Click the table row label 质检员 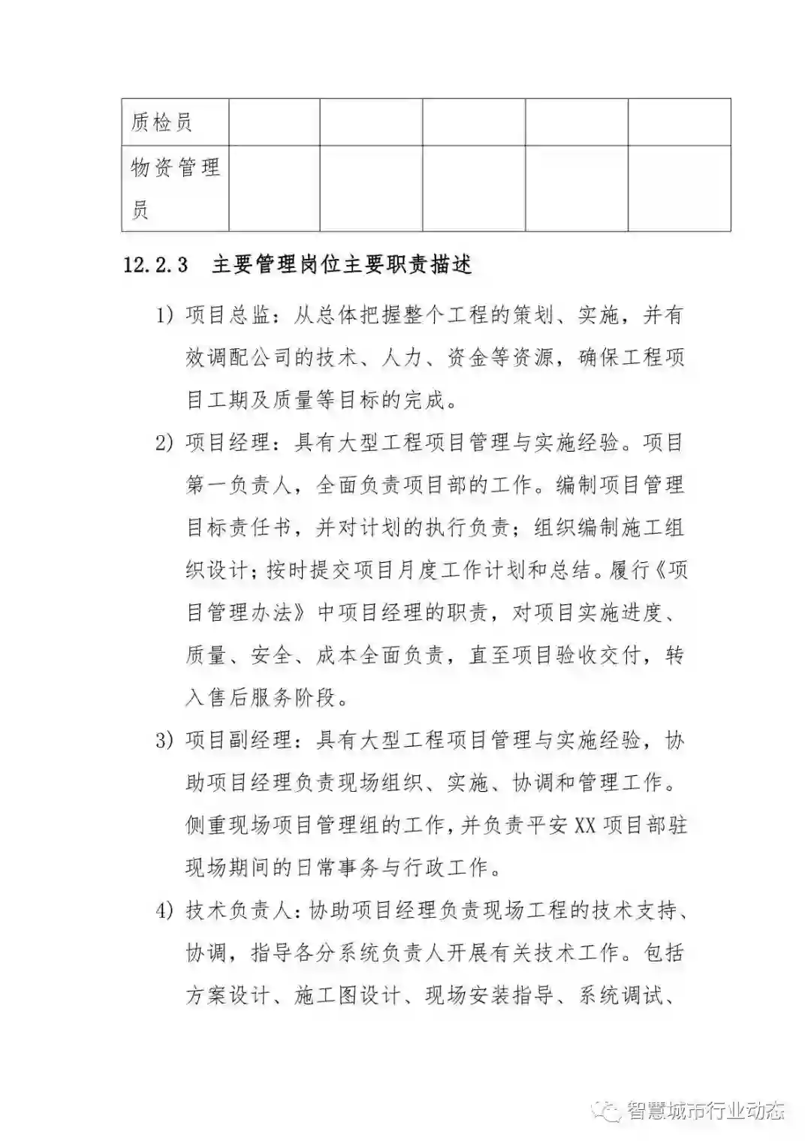(x=161, y=122)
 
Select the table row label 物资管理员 (x=175, y=188)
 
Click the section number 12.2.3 (x=155, y=266)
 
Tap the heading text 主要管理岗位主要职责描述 (x=342, y=266)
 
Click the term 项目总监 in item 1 (x=228, y=316)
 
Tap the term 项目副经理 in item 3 (x=238, y=741)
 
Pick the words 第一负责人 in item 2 (x=238, y=486)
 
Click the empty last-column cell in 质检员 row (x=679, y=122)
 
